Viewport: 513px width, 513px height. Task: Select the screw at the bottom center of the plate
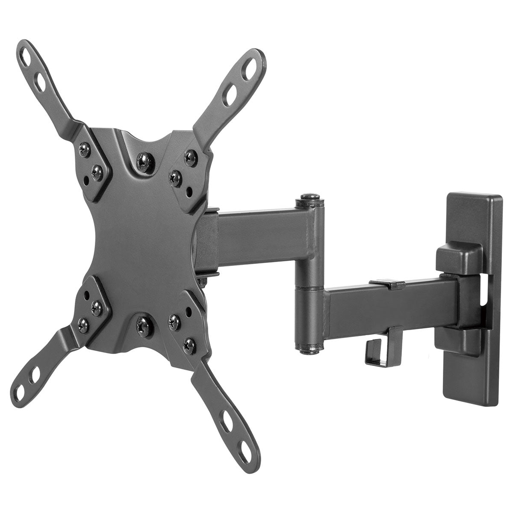click(x=141, y=326)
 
